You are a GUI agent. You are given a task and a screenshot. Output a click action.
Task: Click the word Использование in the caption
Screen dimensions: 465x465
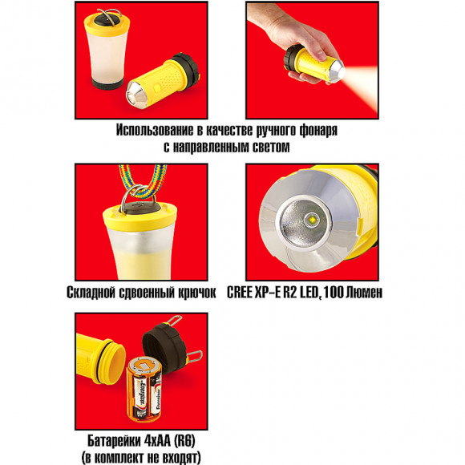tap(155, 130)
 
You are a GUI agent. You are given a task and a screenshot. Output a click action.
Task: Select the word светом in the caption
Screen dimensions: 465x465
tap(271, 147)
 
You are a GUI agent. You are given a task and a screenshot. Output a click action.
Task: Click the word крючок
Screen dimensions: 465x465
tap(197, 293)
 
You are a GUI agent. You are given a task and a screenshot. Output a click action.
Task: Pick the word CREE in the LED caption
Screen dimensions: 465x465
tap(239, 293)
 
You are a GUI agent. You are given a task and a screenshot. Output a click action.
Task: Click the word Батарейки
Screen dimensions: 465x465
tap(114, 441)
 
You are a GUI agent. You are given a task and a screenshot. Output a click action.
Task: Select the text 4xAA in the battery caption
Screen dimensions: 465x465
tap(157, 441)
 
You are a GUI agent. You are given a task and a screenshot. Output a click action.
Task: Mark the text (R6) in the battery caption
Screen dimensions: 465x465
tap(184, 441)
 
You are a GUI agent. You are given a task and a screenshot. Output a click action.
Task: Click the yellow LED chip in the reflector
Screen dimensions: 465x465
tap(313, 220)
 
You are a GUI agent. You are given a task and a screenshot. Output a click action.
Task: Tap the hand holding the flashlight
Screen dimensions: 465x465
tap(297, 35)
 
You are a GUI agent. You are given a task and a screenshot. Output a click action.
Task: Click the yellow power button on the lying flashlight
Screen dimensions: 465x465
tap(156, 88)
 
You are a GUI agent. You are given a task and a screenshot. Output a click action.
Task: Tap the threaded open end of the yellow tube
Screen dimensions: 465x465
tap(111, 362)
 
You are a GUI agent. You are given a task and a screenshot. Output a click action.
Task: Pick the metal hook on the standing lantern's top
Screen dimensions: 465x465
tap(109, 14)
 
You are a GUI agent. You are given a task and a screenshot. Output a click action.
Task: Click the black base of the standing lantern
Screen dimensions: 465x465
tap(107, 84)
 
